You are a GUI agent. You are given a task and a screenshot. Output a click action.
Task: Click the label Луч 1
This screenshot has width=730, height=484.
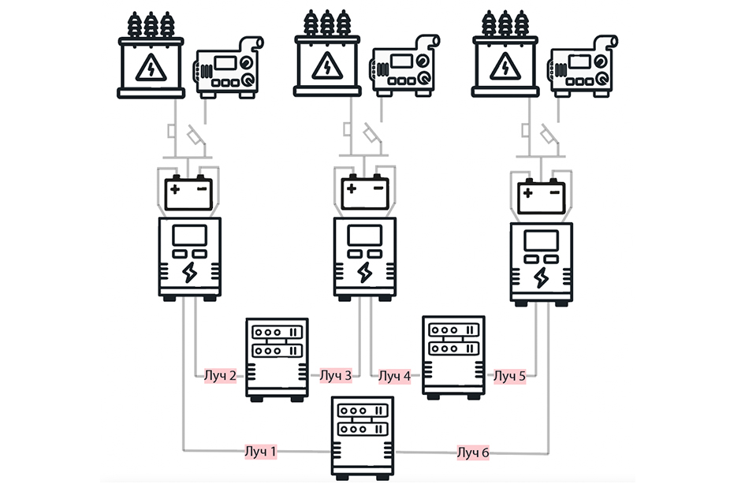[259, 452]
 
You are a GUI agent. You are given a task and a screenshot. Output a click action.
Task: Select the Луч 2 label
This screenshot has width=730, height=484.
[220, 375]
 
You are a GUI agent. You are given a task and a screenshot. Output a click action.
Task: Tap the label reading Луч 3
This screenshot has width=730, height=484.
[336, 375]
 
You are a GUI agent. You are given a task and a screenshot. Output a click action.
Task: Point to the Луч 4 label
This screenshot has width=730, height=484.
[395, 375]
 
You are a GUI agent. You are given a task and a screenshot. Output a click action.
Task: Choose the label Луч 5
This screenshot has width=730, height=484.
[509, 375]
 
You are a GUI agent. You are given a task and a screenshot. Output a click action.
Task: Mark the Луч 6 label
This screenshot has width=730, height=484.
[473, 452]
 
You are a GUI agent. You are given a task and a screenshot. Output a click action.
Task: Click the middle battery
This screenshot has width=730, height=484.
[364, 192]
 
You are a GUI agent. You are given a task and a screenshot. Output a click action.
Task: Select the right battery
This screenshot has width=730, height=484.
[542, 195]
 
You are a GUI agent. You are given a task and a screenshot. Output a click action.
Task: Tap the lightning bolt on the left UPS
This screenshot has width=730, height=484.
[190, 273]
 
